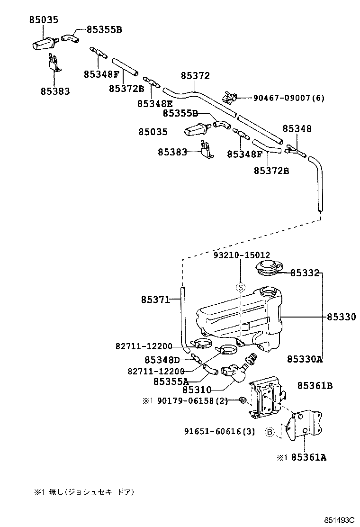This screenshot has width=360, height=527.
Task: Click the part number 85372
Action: (195, 76)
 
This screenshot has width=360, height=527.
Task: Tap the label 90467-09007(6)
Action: (289, 98)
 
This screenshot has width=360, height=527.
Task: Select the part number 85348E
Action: (155, 103)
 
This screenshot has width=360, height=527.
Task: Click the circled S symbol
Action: (240, 287)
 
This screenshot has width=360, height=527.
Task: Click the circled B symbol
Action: (269, 431)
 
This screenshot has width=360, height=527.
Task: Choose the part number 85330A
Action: (305, 359)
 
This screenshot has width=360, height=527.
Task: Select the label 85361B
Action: (315, 386)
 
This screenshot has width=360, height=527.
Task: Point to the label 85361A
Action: (308, 458)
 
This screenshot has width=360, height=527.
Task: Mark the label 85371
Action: (155, 300)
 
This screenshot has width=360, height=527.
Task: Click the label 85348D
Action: (162, 360)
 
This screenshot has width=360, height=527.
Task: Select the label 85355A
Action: (171, 381)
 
